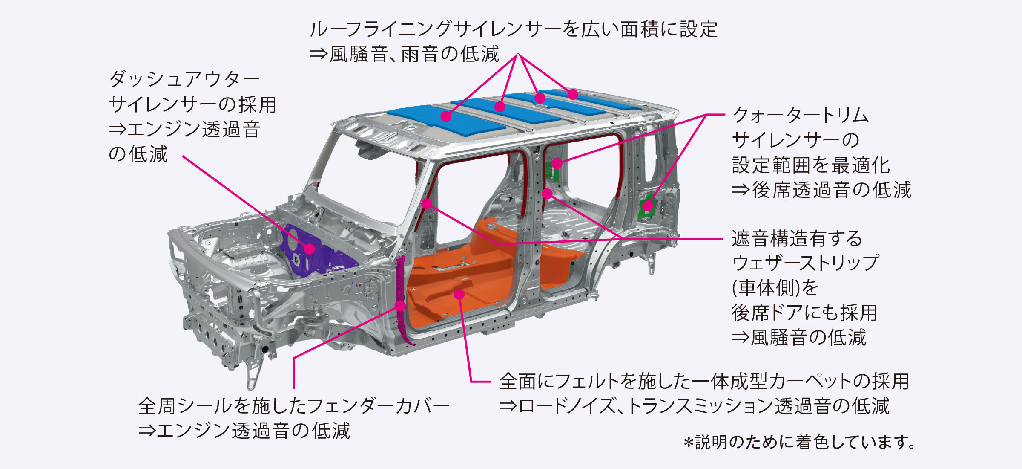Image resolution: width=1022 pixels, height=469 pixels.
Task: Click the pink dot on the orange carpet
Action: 459,294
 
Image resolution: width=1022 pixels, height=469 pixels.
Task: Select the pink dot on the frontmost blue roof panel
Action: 446,116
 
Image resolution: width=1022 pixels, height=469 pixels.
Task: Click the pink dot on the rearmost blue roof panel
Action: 573,94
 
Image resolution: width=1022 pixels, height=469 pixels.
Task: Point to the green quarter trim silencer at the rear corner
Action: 647,206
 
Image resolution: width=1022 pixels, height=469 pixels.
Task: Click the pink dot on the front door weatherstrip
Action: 427,204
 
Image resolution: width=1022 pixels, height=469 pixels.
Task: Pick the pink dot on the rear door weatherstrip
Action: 548,194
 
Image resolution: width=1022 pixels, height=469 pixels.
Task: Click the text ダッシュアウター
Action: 184,79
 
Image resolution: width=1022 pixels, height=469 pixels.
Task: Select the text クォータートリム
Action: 801,115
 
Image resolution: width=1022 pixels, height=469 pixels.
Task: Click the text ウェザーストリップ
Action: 805,263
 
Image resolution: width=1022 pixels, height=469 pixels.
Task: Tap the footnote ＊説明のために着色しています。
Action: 799,442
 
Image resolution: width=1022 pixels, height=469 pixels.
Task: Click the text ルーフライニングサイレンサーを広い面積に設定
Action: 514,29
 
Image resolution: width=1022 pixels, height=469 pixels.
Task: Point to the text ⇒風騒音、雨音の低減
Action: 404,54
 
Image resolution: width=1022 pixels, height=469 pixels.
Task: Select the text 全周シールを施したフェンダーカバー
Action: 294,406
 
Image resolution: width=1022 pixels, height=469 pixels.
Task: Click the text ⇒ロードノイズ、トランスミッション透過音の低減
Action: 695,406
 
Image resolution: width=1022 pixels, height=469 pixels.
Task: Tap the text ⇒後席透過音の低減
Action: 821,190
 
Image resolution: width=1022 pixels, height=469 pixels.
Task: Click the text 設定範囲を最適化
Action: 811,165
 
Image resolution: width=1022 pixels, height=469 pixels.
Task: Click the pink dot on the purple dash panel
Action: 310,249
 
